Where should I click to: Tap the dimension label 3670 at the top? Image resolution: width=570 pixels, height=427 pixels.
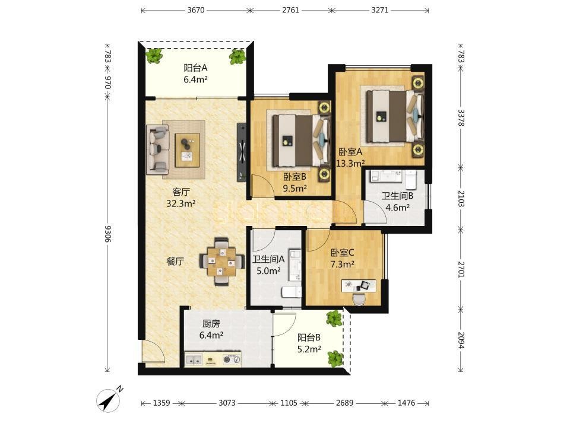coord(196,10)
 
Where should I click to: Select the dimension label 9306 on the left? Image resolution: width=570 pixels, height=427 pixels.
coord(107,234)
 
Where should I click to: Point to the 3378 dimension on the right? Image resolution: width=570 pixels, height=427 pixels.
coord(461,117)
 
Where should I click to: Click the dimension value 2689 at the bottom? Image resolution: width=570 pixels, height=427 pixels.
coord(344,403)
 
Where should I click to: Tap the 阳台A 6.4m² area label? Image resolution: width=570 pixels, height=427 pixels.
coord(195,74)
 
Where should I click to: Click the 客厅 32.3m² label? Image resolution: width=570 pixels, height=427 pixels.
coord(181,197)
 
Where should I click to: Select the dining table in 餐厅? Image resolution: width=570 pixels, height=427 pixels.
coord(221,262)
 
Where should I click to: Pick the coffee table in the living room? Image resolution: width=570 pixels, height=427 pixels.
coord(188,150)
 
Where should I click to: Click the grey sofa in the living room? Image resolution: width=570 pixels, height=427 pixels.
coord(158,148)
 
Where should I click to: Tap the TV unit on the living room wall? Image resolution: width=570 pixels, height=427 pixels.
coord(242,152)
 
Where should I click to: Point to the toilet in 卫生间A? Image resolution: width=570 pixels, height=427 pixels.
coord(292,292)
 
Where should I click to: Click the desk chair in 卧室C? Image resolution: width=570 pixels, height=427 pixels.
coord(359,298)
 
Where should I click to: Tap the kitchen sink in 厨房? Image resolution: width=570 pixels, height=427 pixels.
coord(194,360)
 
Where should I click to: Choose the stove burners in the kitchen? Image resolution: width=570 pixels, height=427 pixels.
coord(232,360)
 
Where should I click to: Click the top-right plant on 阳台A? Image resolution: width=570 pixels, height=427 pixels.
coord(237,57)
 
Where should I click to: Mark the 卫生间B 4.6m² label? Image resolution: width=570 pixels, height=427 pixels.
coord(397,202)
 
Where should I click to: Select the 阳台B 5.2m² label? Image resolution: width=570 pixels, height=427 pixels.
coord(309,343)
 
